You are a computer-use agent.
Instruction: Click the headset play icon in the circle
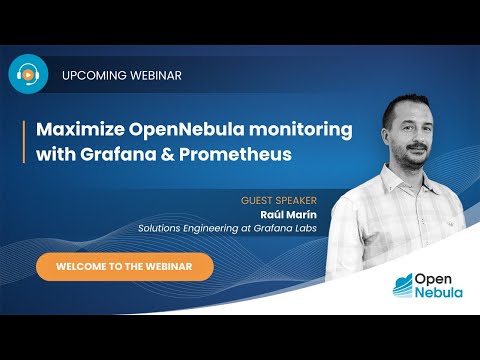(x=29, y=75)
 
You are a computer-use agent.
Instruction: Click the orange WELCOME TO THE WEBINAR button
(x=125, y=267)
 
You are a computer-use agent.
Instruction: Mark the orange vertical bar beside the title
(x=25, y=142)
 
